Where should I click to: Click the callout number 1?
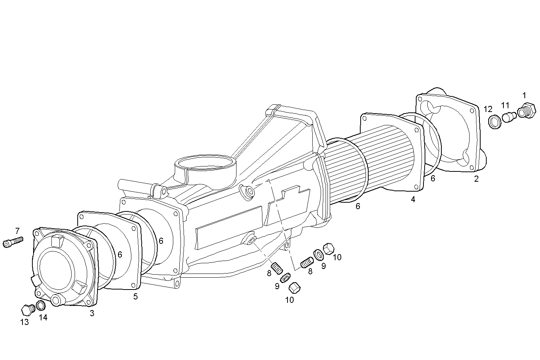pos(524,95)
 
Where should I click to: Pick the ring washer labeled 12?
pos(494,122)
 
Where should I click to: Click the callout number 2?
pos(476,179)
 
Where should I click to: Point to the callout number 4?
pos(413,199)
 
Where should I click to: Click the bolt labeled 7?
pos(13,242)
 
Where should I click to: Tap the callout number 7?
pos(17,230)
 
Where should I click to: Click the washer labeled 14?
pos(41,306)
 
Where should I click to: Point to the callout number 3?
pos(92,313)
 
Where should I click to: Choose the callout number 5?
pos(135,296)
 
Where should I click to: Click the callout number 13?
pos(24,322)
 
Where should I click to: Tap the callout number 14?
pos(43,317)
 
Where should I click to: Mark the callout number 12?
pos(488,109)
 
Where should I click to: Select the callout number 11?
pos(505,105)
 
